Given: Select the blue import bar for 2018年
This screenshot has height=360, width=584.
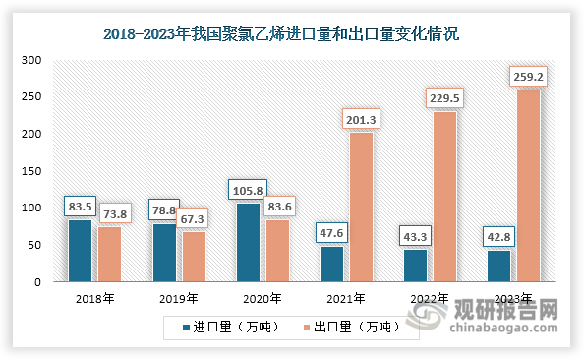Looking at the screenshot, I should [80, 251].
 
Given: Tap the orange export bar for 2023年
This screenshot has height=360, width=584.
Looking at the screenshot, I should [529, 186].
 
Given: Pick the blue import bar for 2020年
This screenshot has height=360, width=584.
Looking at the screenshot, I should [248, 242].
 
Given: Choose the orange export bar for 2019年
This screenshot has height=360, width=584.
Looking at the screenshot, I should [193, 257].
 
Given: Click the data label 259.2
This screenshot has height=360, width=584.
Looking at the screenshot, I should [529, 75].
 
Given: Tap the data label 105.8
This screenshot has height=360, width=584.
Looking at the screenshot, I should [248, 189].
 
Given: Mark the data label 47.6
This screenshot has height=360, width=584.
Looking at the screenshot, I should [332, 232].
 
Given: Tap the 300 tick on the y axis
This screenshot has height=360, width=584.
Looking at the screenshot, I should [31, 60].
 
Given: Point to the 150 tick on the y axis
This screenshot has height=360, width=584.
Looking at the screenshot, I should [31, 171].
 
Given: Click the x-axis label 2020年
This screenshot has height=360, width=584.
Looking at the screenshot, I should [262, 298].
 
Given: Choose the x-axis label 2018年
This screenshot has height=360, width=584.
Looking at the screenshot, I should [94, 298].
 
